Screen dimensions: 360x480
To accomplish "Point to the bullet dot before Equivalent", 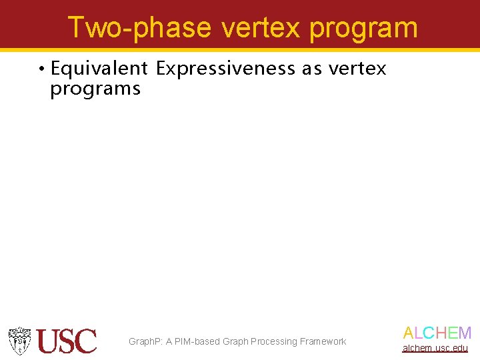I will [x=41, y=69].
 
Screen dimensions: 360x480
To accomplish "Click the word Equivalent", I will [x=99, y=69].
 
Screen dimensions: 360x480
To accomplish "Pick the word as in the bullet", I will [x=312, y=69].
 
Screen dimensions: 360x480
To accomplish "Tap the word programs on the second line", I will [x=95, y=89].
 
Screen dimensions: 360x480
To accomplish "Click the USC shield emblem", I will [x=20, y=341].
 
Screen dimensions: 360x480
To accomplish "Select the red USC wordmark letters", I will [x=67, y=341].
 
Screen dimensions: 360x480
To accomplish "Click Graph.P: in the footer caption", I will [x=145, y=341].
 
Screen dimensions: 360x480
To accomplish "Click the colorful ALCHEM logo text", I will [x=437, y=333].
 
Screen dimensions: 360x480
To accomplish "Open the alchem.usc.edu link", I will [x=435, y=348].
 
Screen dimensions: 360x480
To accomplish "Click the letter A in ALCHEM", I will [x=408, y=333].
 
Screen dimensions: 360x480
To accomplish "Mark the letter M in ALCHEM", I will [x=465, y=333].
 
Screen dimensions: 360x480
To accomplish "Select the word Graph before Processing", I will [x=235, y=341].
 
